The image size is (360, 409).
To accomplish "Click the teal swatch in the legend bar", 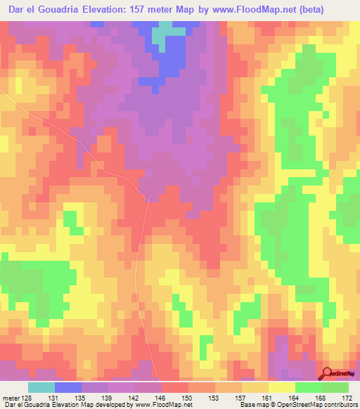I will (41, 387).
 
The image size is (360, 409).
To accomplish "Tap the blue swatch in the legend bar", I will (68, 387).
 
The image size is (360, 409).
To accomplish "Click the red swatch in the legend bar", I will (175, 387).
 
